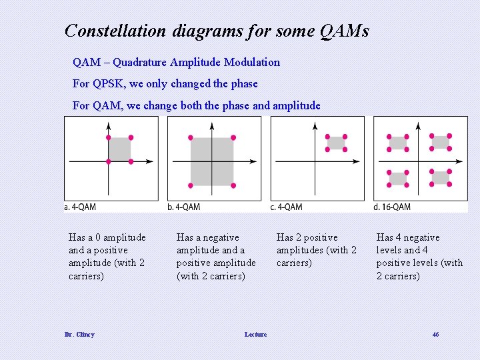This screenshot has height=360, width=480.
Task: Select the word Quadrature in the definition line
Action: click(x=140, y=63)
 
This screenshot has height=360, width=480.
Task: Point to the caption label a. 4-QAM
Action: click(x=80, y=207)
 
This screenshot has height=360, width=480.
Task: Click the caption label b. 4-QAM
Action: click(x=184, y=207)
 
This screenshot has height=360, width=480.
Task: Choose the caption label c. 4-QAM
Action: click(x=287, y=207)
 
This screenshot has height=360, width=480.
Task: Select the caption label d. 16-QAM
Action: click(x=393, y=207)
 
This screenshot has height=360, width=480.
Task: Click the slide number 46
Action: click(x=435, y=335)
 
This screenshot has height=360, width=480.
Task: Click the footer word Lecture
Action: click(x=255, y=335)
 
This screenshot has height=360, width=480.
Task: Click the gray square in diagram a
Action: click(x=119, y=149)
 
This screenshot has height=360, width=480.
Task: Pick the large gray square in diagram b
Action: click(x=212, y=161)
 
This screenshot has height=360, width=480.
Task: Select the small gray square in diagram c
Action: click(x=336, y=143)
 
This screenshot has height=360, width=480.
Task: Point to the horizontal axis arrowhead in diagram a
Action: click(x=151, y=161)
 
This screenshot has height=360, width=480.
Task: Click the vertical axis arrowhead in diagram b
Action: click(x=212, y=122)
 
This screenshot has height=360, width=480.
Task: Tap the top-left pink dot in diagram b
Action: click(x=191, y=137)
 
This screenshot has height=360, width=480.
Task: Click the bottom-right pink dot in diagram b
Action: click(x=233, y=185)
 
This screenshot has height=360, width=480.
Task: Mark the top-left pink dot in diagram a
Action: click(x=109, y=137)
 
